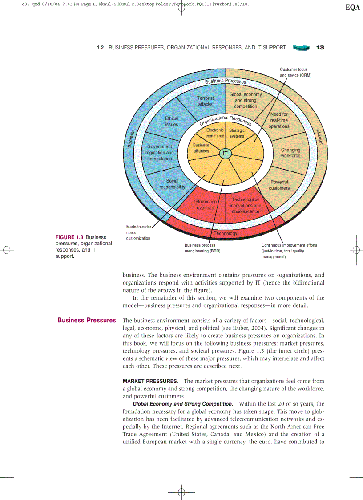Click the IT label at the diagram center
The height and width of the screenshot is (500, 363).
[225, 153]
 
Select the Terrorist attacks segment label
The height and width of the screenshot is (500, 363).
[206, 101]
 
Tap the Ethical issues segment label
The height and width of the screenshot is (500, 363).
[172, 122]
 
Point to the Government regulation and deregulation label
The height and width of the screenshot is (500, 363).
[159, 153]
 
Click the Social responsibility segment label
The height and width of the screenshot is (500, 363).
[172, 184]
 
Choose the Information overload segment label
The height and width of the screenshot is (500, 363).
[205, 205]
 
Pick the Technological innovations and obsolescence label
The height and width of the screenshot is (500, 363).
[245, 206]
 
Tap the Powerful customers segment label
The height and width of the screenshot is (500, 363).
[279, 185]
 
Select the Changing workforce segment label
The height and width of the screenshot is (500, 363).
[290, 153]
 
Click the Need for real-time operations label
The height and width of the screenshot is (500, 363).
[279, 120]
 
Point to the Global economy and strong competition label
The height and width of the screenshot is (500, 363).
[246, 100]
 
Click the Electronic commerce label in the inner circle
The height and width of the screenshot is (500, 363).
[215, 133]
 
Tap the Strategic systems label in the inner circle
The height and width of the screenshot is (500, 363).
[237, 133]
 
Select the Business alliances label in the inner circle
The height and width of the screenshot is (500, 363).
[201, 148]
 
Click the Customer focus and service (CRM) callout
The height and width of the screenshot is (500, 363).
[295, 73]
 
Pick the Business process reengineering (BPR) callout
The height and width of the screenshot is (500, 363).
[202, 248]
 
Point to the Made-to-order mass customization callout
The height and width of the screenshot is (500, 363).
[138, 232]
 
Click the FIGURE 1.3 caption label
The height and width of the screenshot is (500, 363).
[69, 237]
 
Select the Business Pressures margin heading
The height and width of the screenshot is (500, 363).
[87, 321]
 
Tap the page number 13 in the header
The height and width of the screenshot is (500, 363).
[320, 48]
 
